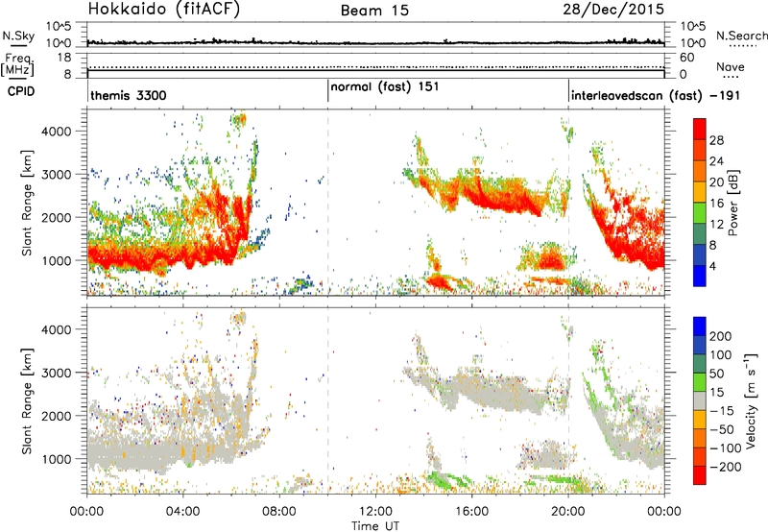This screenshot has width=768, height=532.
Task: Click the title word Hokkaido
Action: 128,9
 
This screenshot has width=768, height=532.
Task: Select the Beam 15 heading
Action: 374,11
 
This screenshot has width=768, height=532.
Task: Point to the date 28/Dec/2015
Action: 613,9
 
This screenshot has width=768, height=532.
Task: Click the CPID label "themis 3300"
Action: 129,95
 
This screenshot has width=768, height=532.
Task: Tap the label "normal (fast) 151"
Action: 385,87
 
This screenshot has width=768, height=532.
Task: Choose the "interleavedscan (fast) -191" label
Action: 656,95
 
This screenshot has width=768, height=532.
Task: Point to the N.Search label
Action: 742,36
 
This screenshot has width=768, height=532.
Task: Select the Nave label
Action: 731,66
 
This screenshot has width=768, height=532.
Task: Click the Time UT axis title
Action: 375,525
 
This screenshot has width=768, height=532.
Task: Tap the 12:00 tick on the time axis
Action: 375,511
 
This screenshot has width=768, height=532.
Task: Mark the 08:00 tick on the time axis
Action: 279,511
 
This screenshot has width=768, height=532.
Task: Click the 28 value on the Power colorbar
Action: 716,140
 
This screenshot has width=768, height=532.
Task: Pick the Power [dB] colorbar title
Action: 732,204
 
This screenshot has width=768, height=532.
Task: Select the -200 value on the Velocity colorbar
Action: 726,467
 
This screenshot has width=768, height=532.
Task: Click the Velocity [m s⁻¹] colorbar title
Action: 751,401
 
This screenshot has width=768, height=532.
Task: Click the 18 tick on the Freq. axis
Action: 64,58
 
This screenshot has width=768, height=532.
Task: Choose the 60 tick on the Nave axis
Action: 687,58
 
